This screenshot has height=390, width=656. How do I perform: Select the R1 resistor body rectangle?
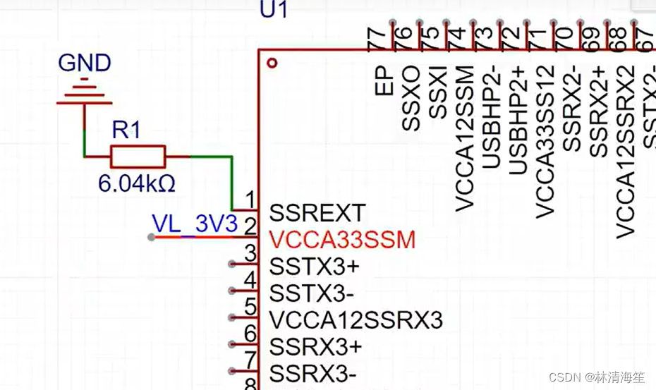point(138,157)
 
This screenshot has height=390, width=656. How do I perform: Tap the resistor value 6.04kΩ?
point(136,184)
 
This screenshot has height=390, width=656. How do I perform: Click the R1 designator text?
point(127,130)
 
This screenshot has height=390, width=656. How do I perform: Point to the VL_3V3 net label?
point(195,224)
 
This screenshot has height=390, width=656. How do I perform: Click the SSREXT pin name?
point(317,213)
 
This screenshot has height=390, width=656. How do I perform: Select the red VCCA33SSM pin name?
point(342,240)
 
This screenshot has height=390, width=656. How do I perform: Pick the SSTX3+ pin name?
point(315,267)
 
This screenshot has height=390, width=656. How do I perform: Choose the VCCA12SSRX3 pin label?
point(356,320)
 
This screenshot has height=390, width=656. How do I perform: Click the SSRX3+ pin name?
point(315,346)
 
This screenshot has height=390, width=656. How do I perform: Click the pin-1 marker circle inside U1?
point(272,63)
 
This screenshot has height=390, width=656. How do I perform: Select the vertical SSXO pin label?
point(411,99)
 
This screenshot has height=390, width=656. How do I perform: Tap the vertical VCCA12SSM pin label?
point(465,138)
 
